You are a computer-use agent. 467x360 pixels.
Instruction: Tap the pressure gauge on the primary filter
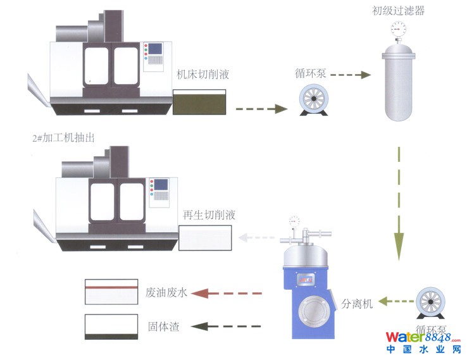[398, 28]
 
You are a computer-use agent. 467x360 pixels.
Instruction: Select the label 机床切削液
[202, 75]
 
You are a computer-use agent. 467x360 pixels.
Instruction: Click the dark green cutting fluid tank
[200, 102]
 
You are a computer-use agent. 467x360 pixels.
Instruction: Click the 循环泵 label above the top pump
[310, 74]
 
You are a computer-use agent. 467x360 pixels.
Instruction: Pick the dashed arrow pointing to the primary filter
[350, 75]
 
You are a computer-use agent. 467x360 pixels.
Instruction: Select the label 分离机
[358, 303]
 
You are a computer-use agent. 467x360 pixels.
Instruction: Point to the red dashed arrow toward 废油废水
[226, 294]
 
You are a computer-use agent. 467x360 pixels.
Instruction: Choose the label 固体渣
[163, 326]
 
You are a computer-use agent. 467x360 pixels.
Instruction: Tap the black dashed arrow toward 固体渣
[226, 326]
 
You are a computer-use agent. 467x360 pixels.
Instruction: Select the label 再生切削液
[209, 215]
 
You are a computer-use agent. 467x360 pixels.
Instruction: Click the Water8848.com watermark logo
[423, 342]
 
